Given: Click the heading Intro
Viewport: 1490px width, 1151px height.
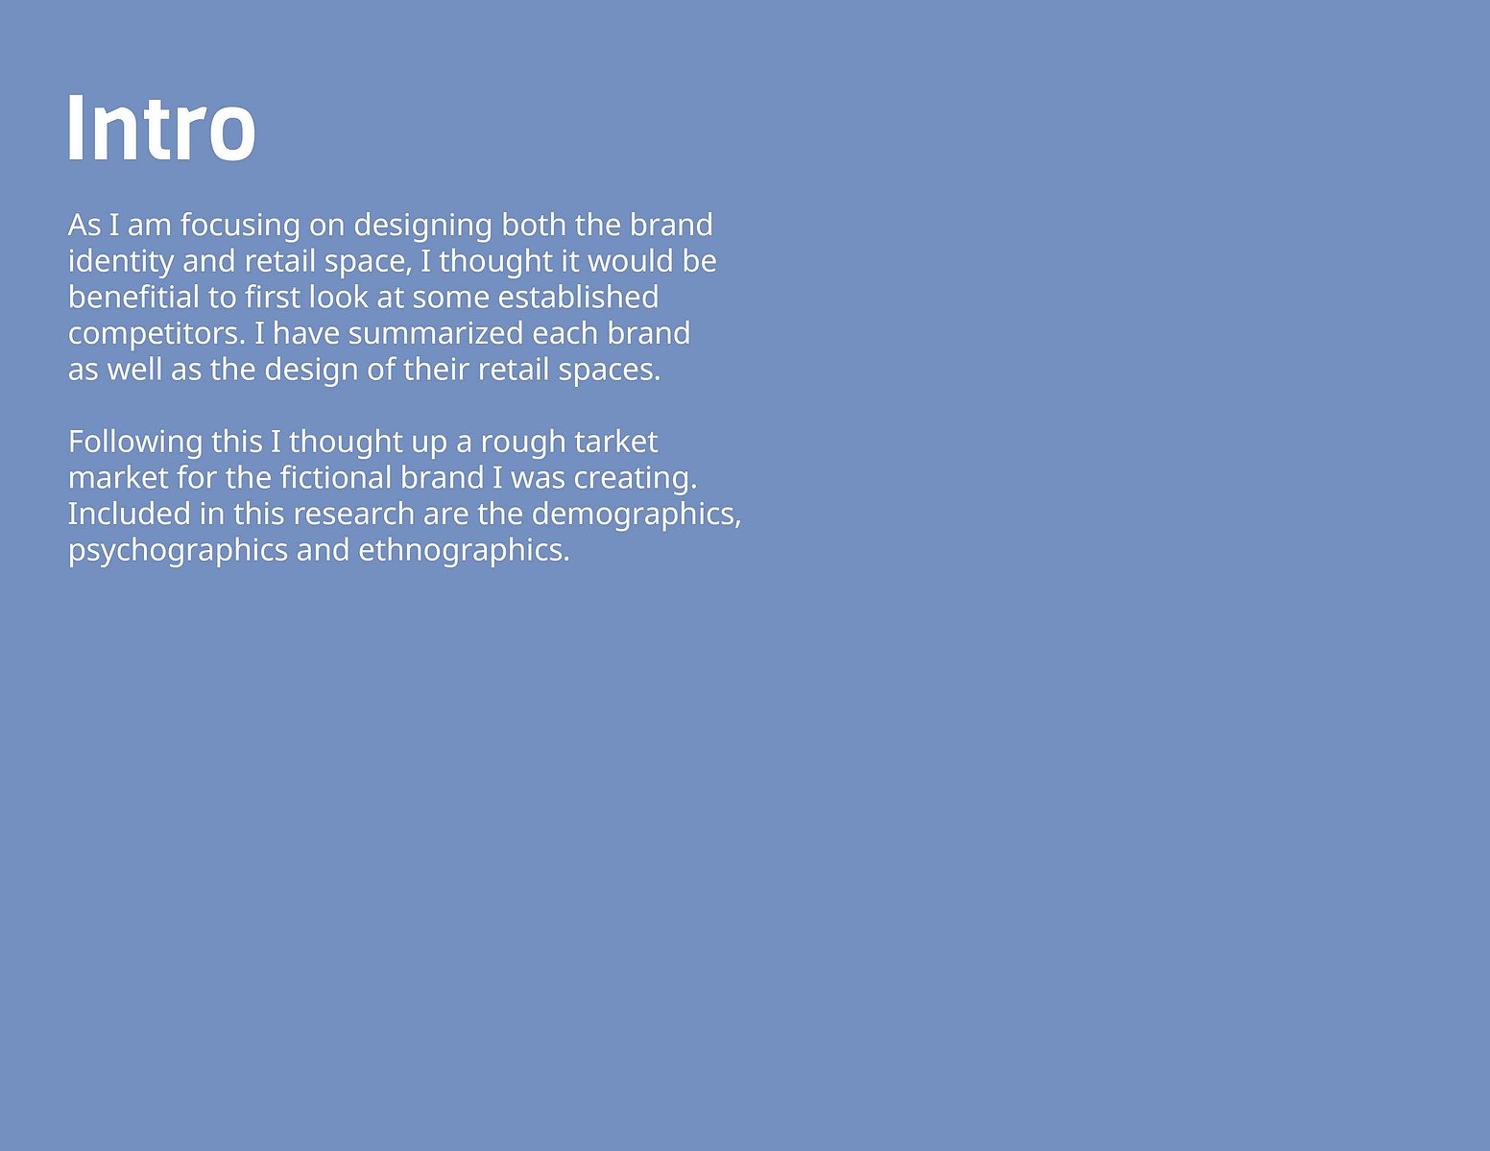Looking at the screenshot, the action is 162,129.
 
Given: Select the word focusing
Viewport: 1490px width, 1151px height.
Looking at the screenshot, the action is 240,227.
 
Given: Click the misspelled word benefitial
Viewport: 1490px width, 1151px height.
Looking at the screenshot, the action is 133,298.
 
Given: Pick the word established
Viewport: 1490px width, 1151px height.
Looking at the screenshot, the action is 578,298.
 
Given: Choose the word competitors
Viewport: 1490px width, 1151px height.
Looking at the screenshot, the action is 156,335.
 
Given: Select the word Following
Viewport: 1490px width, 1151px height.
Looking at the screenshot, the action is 135,443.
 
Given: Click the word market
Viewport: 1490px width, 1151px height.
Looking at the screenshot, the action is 118,478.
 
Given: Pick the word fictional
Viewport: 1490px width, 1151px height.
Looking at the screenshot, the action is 335,478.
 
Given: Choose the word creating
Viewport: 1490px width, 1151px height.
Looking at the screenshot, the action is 635,479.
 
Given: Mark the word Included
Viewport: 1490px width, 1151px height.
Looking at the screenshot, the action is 129,515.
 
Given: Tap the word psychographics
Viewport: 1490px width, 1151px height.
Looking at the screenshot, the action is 178,551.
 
